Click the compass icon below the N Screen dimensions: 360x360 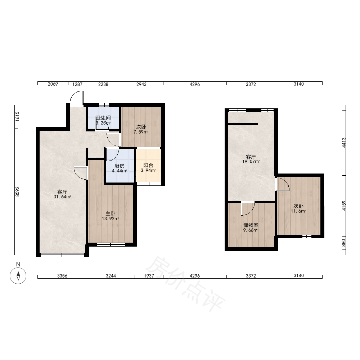[18, 275]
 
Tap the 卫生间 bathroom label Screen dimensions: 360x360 [103, 118]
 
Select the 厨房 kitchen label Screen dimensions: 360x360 [120, 166]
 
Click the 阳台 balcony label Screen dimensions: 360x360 [148, 165]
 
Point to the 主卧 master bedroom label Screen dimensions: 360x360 [111, 214]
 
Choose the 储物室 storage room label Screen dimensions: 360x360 [251, 225]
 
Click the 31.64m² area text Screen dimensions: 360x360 [62, 197]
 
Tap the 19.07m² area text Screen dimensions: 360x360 [251, 162]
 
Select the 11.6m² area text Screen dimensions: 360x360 [298, 211]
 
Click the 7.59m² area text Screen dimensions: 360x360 [141, 132]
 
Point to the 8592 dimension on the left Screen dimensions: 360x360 [18, 192]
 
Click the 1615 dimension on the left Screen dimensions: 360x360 [18, 116]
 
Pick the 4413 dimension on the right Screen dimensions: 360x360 [344, 142]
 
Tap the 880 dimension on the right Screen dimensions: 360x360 [344, 243]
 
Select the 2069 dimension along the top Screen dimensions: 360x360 [53, 84]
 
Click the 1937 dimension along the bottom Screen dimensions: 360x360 [149, 276]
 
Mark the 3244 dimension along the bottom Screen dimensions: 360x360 [111, 276]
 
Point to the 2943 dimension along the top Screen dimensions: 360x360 [141, 85]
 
